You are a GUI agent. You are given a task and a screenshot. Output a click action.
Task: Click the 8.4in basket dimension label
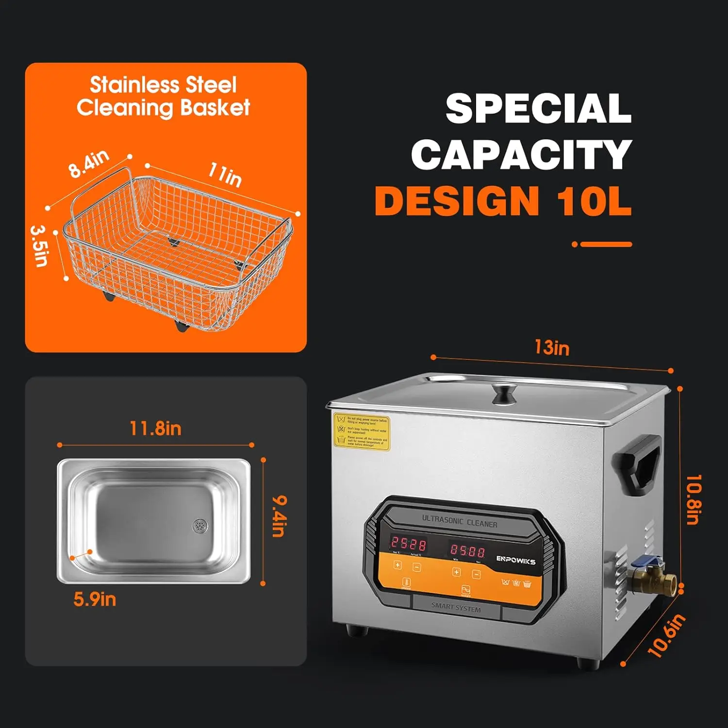[89, 164]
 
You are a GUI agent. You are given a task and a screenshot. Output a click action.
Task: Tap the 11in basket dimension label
[225, 174]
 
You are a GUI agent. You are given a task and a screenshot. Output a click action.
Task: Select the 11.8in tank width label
[155, 429]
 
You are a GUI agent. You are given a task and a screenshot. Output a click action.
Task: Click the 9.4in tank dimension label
[279, 516]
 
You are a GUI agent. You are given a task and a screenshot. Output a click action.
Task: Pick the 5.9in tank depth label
[95, 599]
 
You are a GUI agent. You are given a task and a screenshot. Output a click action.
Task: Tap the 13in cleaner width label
[551, 347]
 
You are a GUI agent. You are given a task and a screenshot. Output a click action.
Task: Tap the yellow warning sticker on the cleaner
[362, 431]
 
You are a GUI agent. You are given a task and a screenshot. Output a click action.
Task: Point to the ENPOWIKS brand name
[515, 560]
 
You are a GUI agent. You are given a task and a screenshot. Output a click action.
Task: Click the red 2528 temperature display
[408, 543]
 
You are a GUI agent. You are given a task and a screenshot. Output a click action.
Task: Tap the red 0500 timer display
[467, 550]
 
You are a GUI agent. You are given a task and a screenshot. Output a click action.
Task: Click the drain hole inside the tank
[199, 525]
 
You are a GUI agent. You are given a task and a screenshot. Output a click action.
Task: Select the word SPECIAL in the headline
[538, 109]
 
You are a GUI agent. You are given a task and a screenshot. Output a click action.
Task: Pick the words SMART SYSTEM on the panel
[456, 607]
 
